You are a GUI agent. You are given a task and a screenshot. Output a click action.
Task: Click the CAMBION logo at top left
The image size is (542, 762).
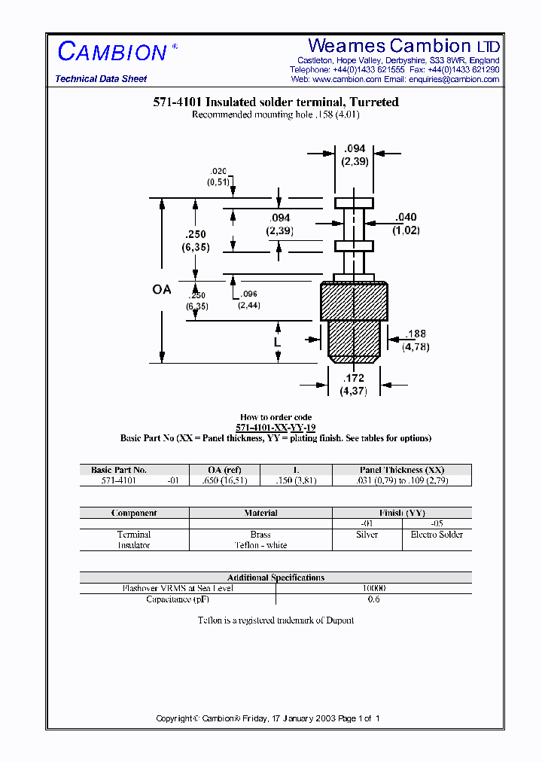tap(112, 52)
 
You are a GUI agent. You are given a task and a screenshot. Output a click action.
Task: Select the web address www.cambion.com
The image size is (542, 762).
tap(346, 79)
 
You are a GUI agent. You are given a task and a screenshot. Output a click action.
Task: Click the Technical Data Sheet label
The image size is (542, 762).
tap(101, 79)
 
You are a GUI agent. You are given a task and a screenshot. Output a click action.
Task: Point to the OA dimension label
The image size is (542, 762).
tap(162, 289)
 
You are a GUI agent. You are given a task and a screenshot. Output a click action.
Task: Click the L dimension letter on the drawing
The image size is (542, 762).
tap(278, 342)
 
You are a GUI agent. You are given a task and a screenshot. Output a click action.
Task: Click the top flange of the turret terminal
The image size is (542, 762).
tap(354, 203)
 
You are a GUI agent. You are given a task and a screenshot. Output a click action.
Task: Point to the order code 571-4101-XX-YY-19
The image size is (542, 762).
tap(276, 427)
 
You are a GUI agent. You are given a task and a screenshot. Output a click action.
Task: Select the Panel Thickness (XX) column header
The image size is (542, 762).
tap(403, 470)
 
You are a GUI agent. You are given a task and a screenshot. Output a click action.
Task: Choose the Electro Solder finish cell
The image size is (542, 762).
tap(437, 535)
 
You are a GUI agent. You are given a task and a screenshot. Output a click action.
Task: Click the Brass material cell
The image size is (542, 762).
tap(260, 535)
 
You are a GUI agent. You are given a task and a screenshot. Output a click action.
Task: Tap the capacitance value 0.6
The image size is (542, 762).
tap(373, 599)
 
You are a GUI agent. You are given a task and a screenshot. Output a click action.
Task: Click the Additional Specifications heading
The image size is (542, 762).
tap(276, 578)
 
